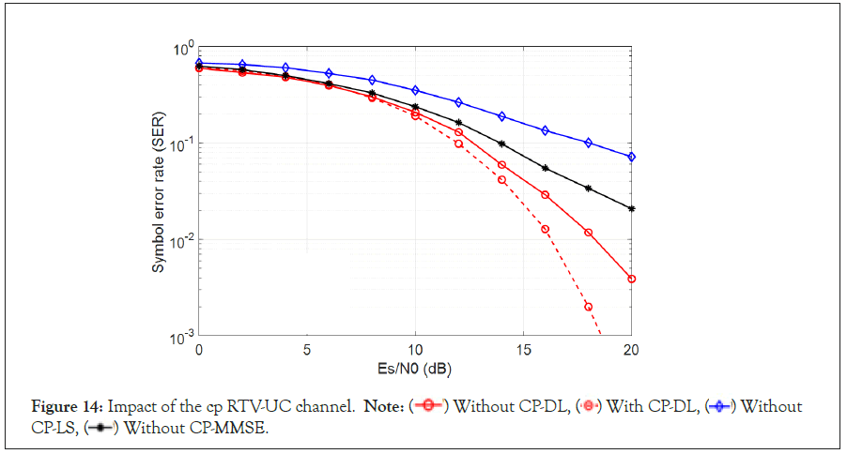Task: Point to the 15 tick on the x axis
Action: (x=522, y=352)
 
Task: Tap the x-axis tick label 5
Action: (x=306, y=352)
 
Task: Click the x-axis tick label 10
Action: (x=414, y=352)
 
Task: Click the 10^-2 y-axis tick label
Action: (x=182, y=240)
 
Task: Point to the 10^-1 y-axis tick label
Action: (x=182, y=144)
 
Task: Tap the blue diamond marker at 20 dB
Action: (x=631, y=157)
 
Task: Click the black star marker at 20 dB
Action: (x=631, y=208)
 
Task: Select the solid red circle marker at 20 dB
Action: (x=631, y=279)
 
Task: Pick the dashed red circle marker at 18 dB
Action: (x=588, y=307)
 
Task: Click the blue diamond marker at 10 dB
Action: (x=415, y=90)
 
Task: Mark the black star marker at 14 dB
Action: (x=501, y=144)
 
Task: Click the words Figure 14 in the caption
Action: (x=67, y=407)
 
